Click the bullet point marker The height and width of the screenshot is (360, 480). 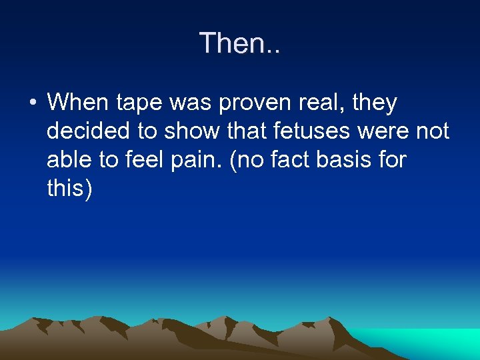(31, 103)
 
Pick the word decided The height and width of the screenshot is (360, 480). (86, 131)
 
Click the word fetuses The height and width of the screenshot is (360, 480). (317, 131)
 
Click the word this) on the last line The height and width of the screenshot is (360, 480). (70, 189)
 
